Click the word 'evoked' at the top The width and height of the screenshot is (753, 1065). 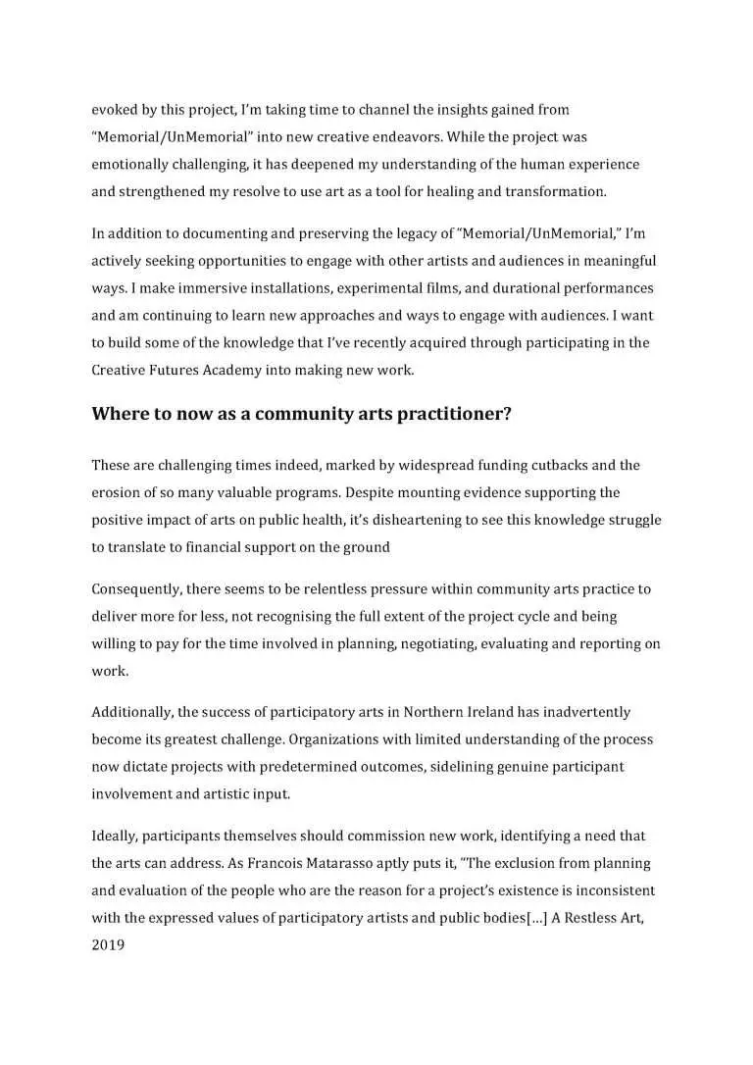(x=113, y=110)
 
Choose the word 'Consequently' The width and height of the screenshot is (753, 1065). (x=137, y=589)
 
